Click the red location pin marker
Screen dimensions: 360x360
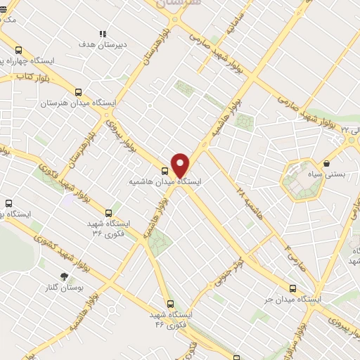point(181,165)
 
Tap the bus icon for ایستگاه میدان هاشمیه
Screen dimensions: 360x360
point(165,170)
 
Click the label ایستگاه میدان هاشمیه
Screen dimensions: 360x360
point(165,181)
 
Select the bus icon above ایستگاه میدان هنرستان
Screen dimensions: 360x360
point(78,91)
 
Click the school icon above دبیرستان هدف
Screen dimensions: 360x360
point(103,33)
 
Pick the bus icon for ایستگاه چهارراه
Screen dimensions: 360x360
point(18,50)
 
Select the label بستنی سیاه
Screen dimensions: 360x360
point(327,174)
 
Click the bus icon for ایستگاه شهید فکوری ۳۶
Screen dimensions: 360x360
point(108,212)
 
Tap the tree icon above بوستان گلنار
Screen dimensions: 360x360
point(65,276)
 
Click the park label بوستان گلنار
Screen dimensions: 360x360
point(64,288)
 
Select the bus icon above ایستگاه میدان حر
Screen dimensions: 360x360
point(292,288)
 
